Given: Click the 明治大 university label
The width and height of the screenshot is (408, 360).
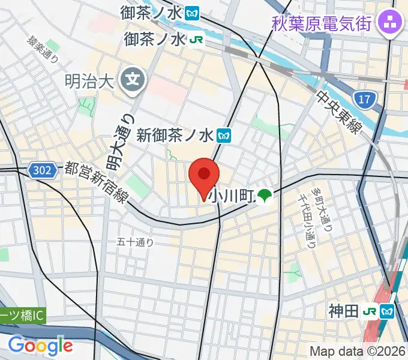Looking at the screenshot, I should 89,80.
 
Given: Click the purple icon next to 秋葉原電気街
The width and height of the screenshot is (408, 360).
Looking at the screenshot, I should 392,24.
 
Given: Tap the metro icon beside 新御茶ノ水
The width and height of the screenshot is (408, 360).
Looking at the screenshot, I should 224,136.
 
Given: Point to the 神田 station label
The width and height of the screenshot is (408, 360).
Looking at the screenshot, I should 343,311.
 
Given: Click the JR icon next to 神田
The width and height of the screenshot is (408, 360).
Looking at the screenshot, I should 370,311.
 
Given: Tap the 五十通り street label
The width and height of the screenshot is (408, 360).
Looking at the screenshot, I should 135,242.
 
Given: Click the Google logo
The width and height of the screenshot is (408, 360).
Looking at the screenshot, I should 40,346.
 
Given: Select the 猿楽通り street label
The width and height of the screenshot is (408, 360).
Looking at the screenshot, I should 42,51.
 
